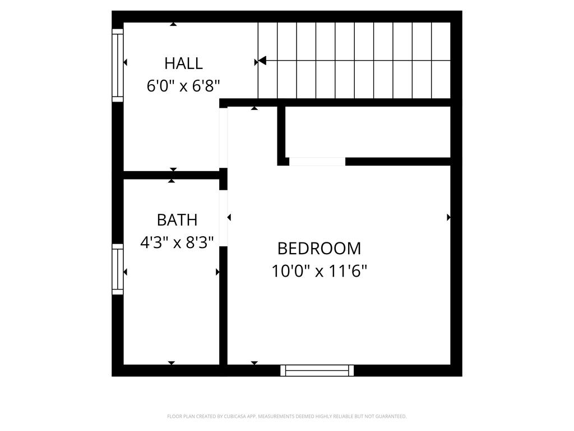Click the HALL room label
pos(183,63)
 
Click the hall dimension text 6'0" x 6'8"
pos(183,86)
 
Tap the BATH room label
pos(177,219)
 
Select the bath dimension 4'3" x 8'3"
pos(177,243)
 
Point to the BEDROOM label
pos(320,248)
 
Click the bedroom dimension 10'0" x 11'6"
pos(320,272)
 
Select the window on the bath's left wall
pos(118,269)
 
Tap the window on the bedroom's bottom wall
pos(317,370)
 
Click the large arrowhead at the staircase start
pos(261,61)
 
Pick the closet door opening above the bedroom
pos(317,162)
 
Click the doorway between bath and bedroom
pos(223,218)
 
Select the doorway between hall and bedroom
pos(223,137)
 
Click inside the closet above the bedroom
pos(367,132)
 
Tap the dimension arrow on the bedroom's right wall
pos(448,217)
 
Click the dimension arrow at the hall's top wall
pos(174,24)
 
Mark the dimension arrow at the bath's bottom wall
pos(172,363)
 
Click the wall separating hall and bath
pos(171,175)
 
